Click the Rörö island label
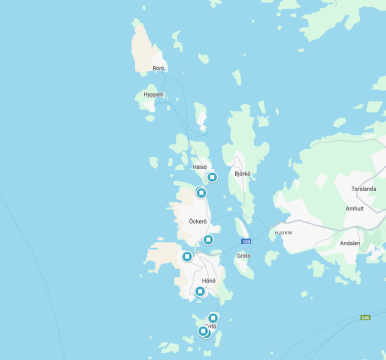[158, 68]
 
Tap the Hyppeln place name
[153, 94]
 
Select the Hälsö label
[199, 168]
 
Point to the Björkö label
[241, 173]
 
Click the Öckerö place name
[198, 221]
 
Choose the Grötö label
[243, 255]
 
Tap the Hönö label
[208, 281]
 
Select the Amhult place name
[354, 208]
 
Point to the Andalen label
[350, 242]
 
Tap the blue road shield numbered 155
[246, 241]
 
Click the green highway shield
[366, 317]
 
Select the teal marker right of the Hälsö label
[212, 177]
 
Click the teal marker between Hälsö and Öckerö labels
[201, 193]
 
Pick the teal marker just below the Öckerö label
[208, 240]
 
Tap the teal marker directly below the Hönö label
[200, 292]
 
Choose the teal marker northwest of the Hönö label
[187, 258]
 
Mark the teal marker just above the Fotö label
[213, 318]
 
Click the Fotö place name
[210, 327]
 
